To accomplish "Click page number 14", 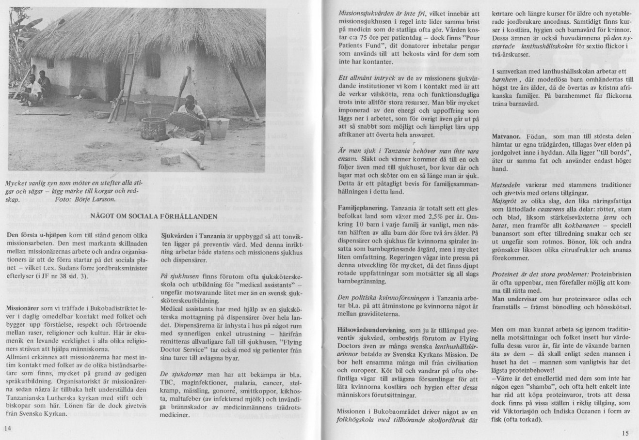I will click(7, 427).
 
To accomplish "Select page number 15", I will click(624, 432).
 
